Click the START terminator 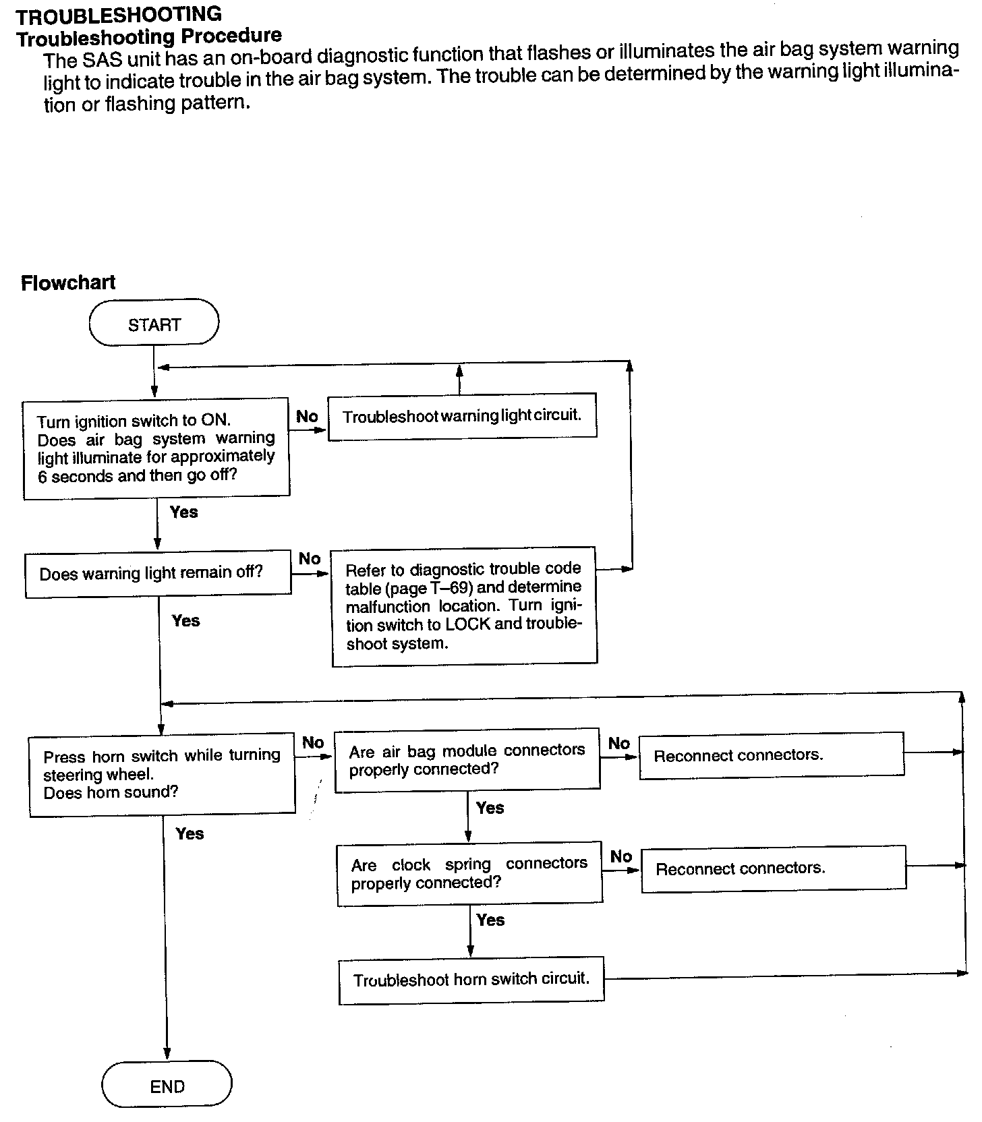(x=154, y=324)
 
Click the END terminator (x=167, y=1086)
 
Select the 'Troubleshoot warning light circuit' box (x=462, y=416)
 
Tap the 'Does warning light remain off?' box (x=158, y=573)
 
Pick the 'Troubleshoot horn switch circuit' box (x=471, y=979)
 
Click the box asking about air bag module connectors (x=467, y=759)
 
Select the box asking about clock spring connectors (x=469, y=873)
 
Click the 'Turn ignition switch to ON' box (x=156, y=448)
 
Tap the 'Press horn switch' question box (x=162, y=774)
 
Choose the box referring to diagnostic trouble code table (x=464, y=606)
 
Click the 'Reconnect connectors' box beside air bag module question (x=771, y=755)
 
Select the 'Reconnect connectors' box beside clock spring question (x=773, y=868)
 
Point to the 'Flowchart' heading (x=68, y=283)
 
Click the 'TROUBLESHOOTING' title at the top (x=119, y=14)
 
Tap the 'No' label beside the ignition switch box (x=307, y=417)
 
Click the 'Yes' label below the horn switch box (x=190, y=833)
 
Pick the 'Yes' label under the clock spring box (x=490, y=920)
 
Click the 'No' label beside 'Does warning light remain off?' (x=310, y=558)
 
